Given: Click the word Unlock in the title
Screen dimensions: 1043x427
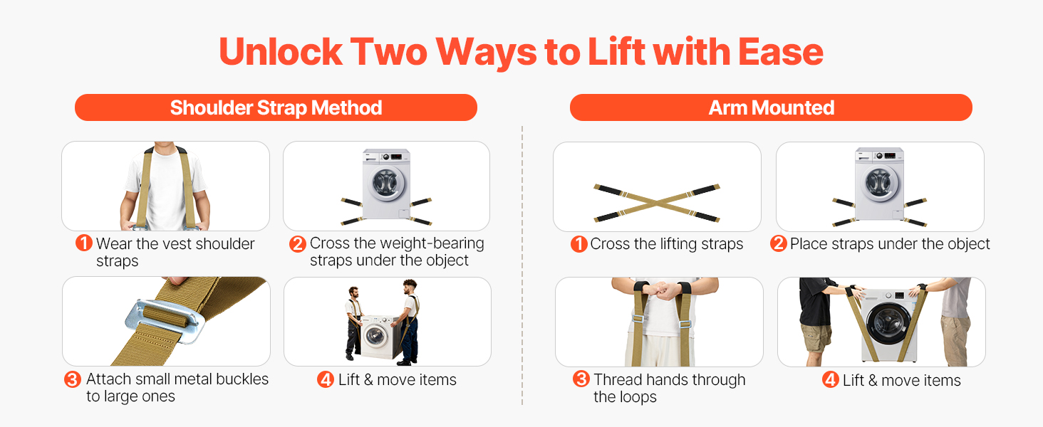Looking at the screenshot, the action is pyautogui.click(x=281, y=52).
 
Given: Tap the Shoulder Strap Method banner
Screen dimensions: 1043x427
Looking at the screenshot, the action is pyautogui.click(x=276, y=107).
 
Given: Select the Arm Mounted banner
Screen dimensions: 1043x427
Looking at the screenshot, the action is pyautogui.click(x=771, y=107).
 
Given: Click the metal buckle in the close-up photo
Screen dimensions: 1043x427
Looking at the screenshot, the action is pyautogui.click(x=165, y=321).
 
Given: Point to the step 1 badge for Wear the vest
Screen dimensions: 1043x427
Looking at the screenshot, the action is pyautogui.click(x=84, y=243).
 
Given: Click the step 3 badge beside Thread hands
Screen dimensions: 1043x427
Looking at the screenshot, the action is pyautogui.click(x=581, y=379).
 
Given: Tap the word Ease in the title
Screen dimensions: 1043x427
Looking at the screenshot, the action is pyautogui.click(x=780, y=52).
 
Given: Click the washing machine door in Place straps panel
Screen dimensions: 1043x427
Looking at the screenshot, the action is pyautogui.click(x=879, y=183).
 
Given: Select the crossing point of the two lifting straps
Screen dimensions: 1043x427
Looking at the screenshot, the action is pyautogui.click(x=657, y=203).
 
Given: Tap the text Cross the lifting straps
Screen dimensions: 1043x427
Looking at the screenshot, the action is pyautogui.click(x=667, y=243).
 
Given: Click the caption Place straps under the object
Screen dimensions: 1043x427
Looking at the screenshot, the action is pyautogui.click(x=890, y=243).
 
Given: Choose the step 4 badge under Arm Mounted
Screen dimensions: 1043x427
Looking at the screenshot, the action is pyautogui.click(x=830, y=379).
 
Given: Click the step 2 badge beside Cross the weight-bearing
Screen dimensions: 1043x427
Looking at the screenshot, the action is pyautogui.click(x=298, y=243).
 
